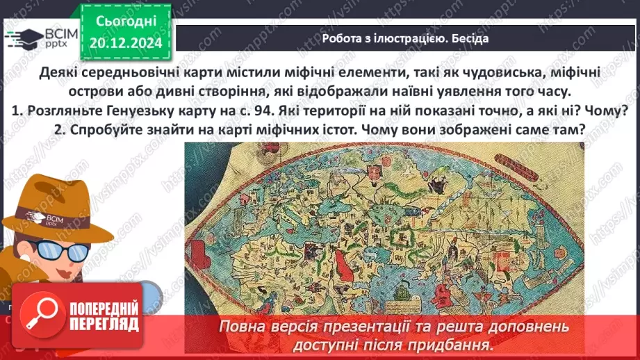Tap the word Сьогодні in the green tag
point(125,22)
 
